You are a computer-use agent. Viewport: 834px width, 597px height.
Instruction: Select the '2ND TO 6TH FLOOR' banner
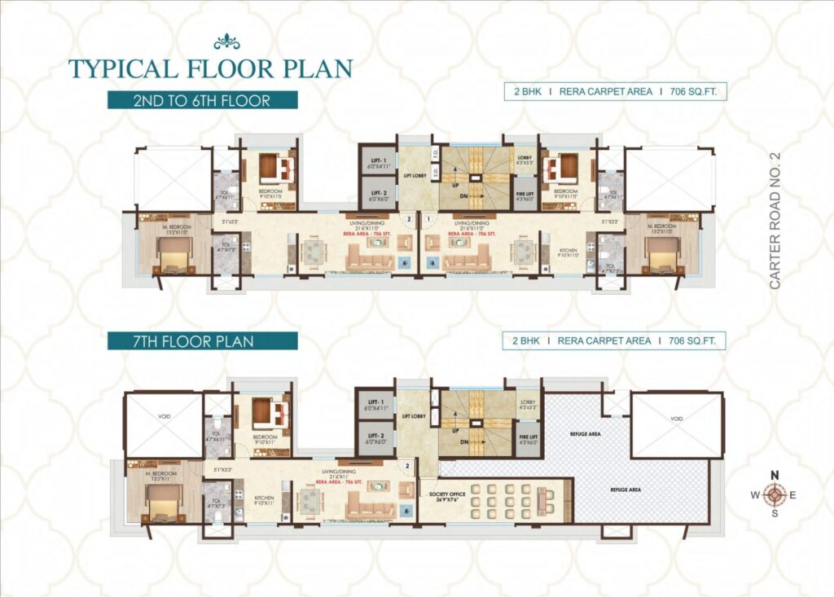202,100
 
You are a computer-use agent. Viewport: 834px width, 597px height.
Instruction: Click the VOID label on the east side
677,419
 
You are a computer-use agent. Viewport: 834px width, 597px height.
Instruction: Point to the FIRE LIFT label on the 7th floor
528,437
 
